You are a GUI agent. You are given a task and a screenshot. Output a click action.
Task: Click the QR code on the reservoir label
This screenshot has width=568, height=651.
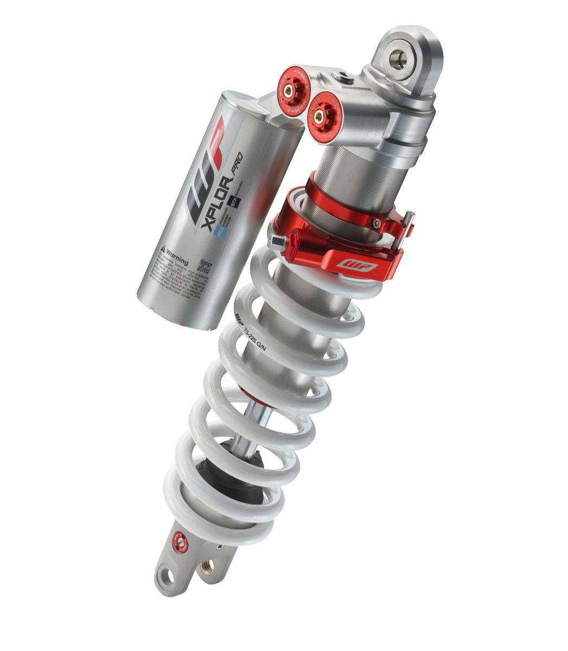tap(205, 266)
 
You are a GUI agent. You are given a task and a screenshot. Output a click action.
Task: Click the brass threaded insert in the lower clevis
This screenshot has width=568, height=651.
tap(207, 568)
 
